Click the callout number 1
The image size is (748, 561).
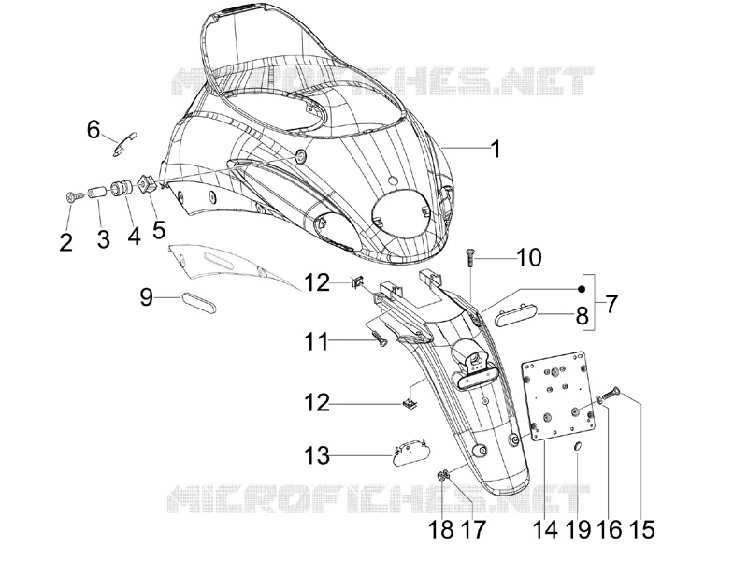click(496, 149)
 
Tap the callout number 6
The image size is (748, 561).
click(93, 129)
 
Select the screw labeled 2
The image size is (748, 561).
click(74, 196)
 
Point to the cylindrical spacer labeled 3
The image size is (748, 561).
click(99, 194)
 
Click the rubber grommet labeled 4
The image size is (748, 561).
click(121, 188)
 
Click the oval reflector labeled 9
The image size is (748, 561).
click(199, 303)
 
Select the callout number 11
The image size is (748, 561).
click(317, 342)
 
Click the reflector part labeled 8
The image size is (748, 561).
click(517, 316)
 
